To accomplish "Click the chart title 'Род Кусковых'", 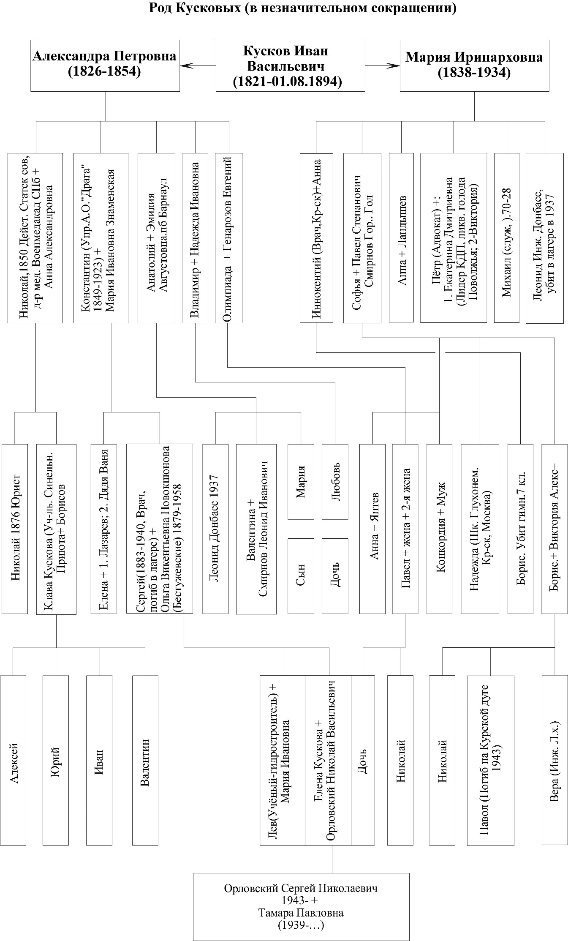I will [302, 8].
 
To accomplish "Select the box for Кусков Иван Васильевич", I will [290, 65].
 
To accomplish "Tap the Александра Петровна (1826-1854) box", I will [105, 65].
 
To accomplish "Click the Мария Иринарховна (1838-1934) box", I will [474, 65].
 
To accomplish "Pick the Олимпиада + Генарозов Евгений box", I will [228, 237].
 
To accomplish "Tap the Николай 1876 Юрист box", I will [15, 529].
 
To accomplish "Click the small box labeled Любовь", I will [335, 482].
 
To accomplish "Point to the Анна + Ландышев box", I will [401, 237].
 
